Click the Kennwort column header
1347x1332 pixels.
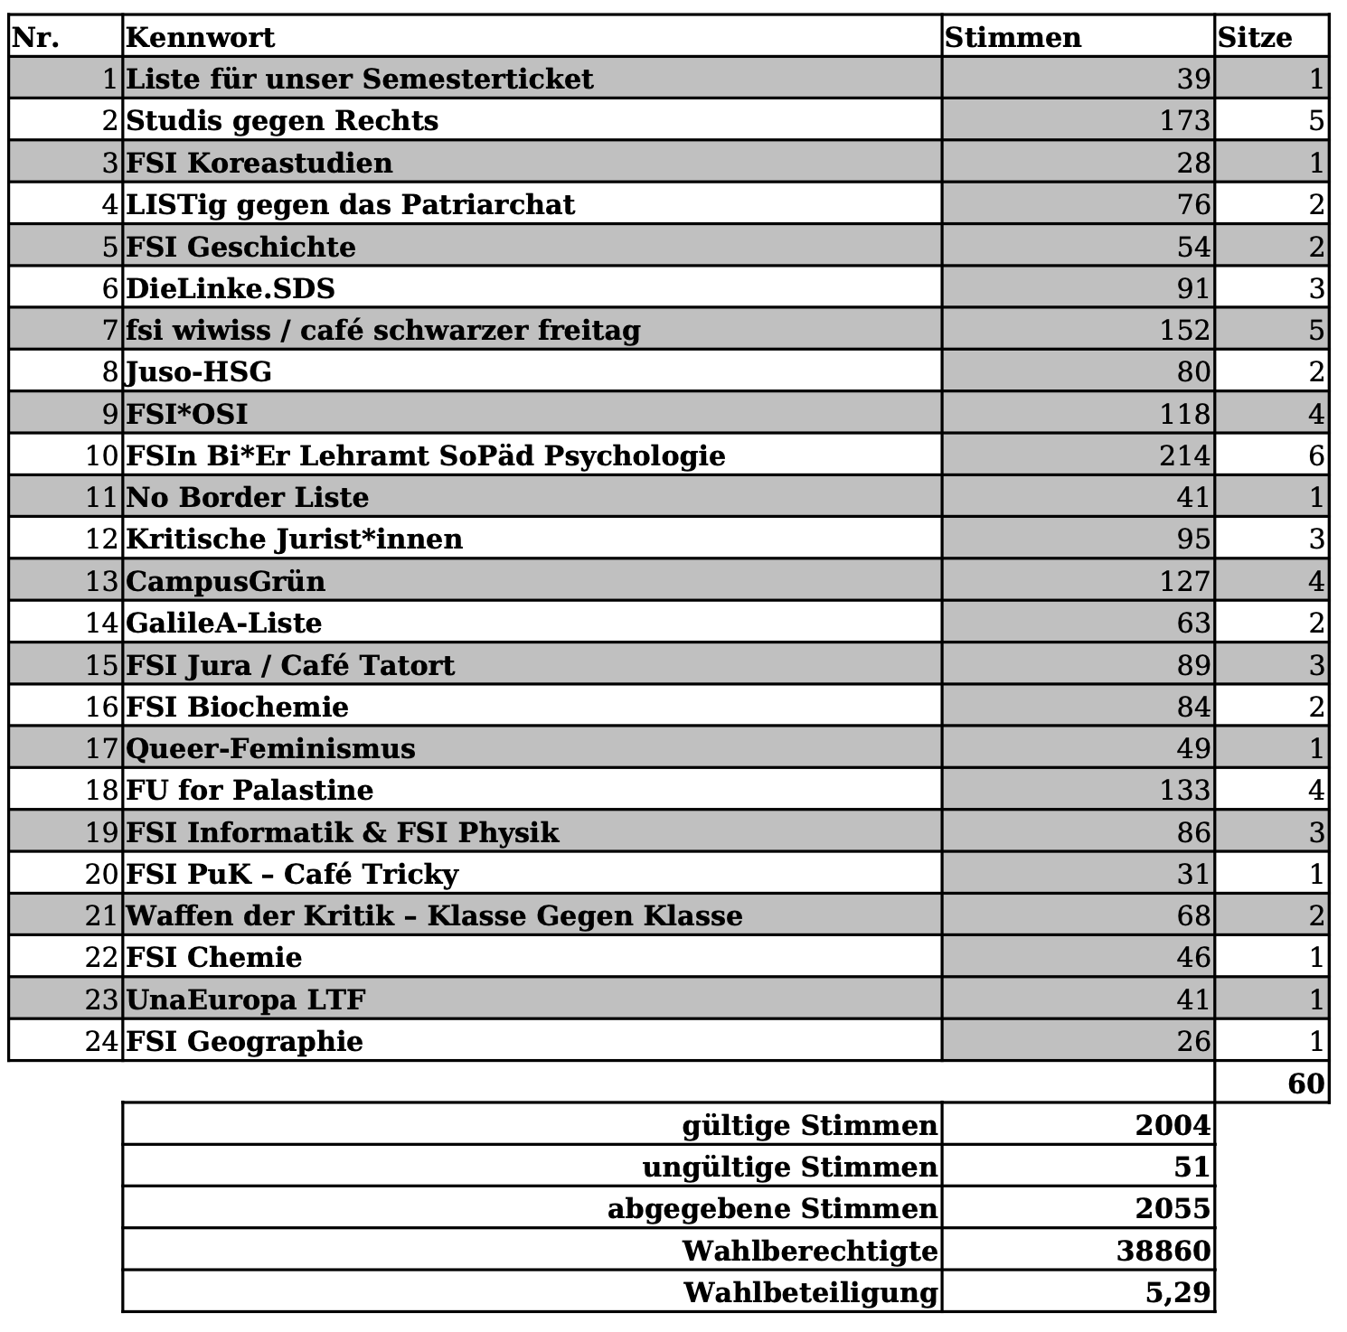[200, 37]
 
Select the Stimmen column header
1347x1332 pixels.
[1013, 37]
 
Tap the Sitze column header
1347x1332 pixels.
[1255, 37]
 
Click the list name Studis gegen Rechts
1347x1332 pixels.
[281, 120]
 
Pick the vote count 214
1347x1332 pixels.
[1184, 455]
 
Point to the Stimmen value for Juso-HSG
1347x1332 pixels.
[1193, 371]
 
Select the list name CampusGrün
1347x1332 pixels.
[225, 580]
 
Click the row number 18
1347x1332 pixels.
[102, 790]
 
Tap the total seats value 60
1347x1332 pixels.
[1305, 1083]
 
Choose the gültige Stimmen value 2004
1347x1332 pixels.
[1172, 1125]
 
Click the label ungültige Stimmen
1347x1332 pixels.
[789, 1167]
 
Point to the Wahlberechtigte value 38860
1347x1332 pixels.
[1163, 1251]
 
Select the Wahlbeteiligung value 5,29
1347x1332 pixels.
[1177, 1292]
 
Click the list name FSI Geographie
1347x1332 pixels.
[244, 1041]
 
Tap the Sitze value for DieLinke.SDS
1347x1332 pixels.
[1316, 288]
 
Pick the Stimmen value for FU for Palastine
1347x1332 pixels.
[1184, 790]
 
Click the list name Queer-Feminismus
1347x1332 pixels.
[270, 748]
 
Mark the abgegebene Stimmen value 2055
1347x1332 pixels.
[1172, 1208]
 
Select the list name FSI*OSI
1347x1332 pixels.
[186, 414]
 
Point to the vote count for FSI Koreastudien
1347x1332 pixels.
[1193, 163]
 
